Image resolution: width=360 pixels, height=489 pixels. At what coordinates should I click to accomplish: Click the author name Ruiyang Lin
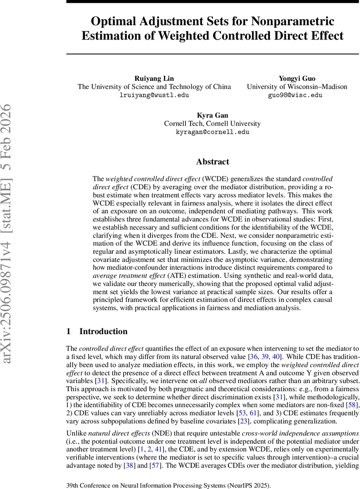click(154, 78)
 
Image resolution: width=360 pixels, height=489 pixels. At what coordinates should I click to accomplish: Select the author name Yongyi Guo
click(297, 78)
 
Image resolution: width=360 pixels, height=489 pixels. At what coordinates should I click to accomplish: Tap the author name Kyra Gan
click(212, 115)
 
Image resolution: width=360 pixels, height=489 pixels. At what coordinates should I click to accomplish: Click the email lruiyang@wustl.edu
click(154, 95)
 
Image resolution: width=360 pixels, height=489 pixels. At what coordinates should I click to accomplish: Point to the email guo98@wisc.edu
click(297, 95)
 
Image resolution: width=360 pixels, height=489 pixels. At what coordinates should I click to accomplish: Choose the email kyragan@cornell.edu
click(212, 132)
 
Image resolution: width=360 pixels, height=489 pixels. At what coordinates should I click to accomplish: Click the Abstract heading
click(212, 162)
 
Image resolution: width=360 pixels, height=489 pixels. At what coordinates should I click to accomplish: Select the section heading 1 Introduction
click(97, 331)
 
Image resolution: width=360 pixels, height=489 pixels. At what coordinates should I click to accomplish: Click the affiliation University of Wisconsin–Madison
click(297, 86)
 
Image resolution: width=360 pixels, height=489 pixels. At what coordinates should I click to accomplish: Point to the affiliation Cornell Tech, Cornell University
click(212, 123)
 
